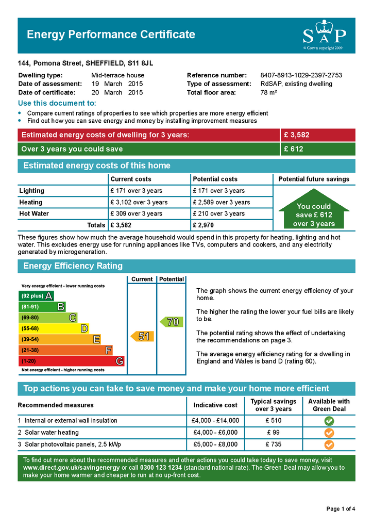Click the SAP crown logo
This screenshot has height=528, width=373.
[x=324, y=35]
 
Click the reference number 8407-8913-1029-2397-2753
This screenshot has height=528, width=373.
[x=301, y=75]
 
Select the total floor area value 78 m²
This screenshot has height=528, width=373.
[x=268, y=93]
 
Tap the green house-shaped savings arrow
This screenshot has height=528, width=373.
[x=314, y=212]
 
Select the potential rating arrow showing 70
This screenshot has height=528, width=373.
[x=172, y=322]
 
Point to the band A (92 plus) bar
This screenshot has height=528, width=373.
[x=36, y=296]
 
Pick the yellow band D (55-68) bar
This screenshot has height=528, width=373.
[x=54, y=328]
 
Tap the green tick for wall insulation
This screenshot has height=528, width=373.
[x=329, y=421]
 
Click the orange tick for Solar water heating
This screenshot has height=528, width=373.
[x=329, y=433]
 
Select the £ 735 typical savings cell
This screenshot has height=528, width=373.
[x=274, y=444]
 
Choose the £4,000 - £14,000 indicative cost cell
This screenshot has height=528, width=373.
[x=215, y=421]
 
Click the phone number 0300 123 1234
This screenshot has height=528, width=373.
[x=161, y=468]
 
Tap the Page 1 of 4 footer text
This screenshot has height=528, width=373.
[x=341, y=509]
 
